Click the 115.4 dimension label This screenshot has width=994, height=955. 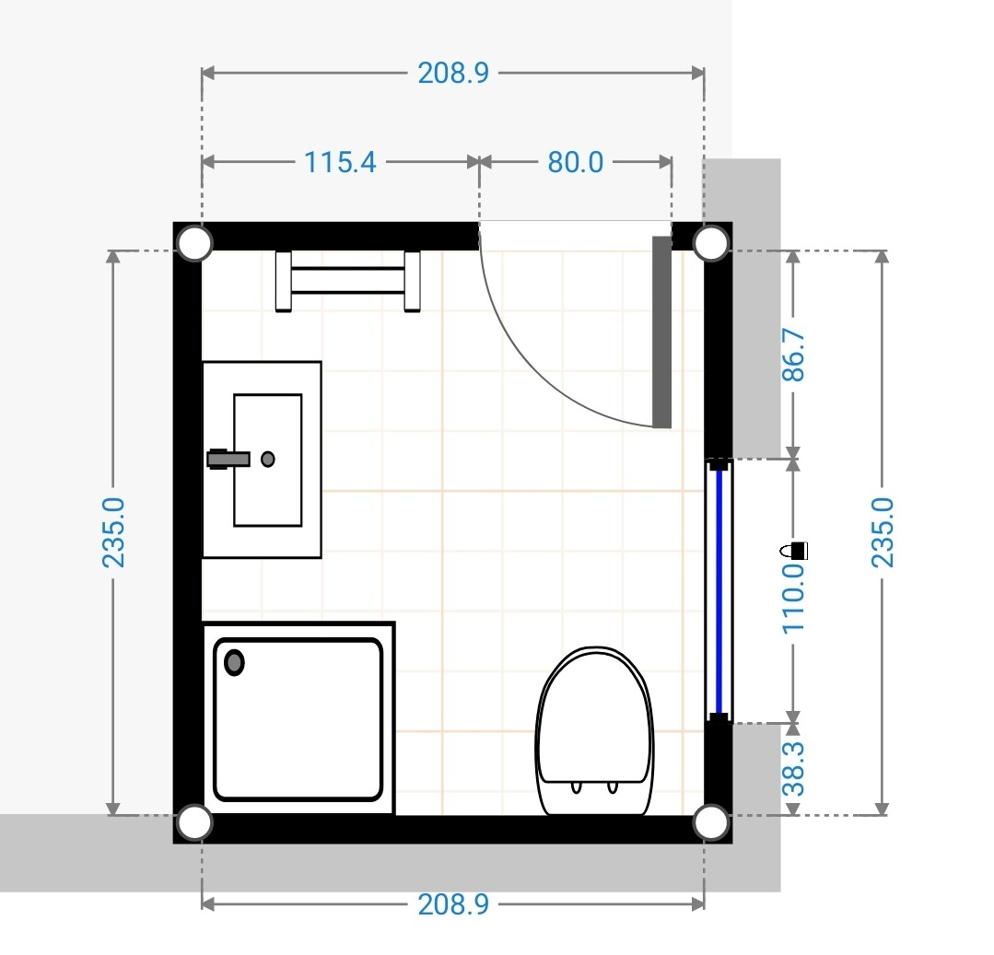(341, 162)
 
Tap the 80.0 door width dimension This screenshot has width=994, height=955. (576, 162)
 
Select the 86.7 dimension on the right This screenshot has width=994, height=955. (794, 355)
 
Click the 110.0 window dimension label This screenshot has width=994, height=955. (794, 599)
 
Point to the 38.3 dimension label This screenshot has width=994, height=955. (794, 769)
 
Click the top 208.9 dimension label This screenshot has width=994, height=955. (453, 73)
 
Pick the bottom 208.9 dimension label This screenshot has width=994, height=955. (453, 904)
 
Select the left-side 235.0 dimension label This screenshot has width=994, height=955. (113, 532)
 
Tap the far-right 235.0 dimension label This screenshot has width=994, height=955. (883, 532)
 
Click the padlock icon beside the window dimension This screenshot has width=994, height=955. (794, 550)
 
